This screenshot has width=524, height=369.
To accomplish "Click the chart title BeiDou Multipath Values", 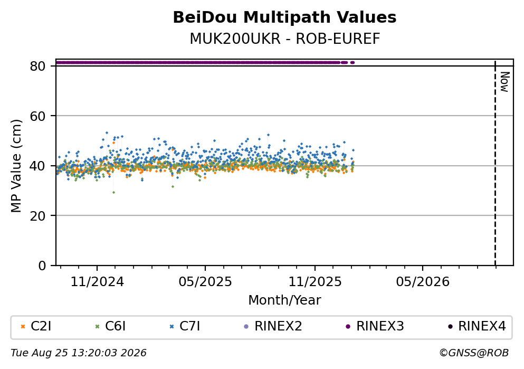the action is click(284, 17).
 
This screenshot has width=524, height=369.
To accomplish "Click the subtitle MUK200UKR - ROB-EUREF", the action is click(285, 39).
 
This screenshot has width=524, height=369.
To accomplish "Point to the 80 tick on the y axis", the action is click(37, 66).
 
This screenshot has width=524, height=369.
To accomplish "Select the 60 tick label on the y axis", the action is click(37, 116).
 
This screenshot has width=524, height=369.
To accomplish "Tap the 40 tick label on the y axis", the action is click(37, 166).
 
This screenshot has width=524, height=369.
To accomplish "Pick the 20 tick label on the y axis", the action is click(37, 215).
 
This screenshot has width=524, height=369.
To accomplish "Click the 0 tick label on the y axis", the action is click(42, 266).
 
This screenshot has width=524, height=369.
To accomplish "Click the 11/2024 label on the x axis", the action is click(97, 282).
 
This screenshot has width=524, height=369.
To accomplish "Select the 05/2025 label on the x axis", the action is click(205, 282).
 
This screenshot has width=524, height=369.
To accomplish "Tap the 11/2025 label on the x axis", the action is click(315, 282).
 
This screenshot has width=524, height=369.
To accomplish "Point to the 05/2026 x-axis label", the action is click(423, 282).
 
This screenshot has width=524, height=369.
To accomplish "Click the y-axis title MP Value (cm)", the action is click(16, 166).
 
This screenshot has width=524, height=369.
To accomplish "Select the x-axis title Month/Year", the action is click(284, 300).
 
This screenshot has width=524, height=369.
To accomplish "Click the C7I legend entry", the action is click(185, 326).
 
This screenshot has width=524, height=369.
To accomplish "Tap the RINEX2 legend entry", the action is click(273, 326).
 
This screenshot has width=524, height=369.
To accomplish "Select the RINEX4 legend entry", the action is click(477, 326).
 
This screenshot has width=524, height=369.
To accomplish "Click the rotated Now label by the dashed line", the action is click(504, 82).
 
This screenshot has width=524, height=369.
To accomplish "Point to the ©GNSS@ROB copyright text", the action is click(474, 353).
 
